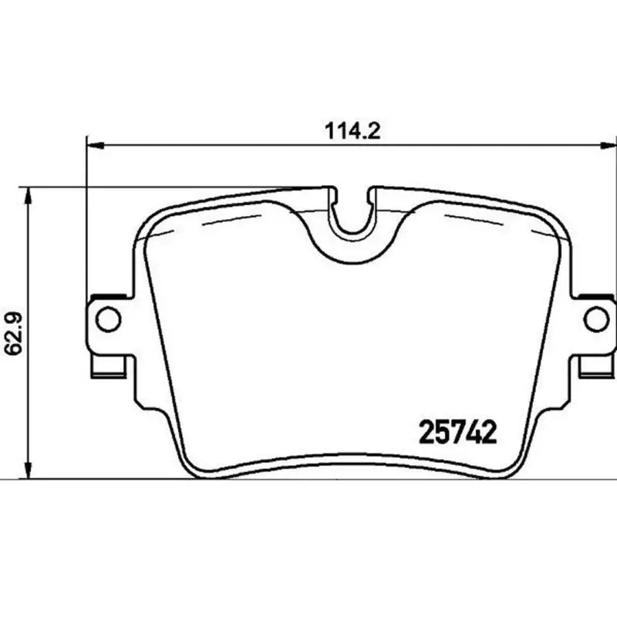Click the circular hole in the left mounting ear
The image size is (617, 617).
coord(107,317)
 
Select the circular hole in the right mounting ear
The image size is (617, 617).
coord(595,317)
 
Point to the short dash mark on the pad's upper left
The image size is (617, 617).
coord(217,221)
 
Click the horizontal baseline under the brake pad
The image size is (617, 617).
coord(308,480)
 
